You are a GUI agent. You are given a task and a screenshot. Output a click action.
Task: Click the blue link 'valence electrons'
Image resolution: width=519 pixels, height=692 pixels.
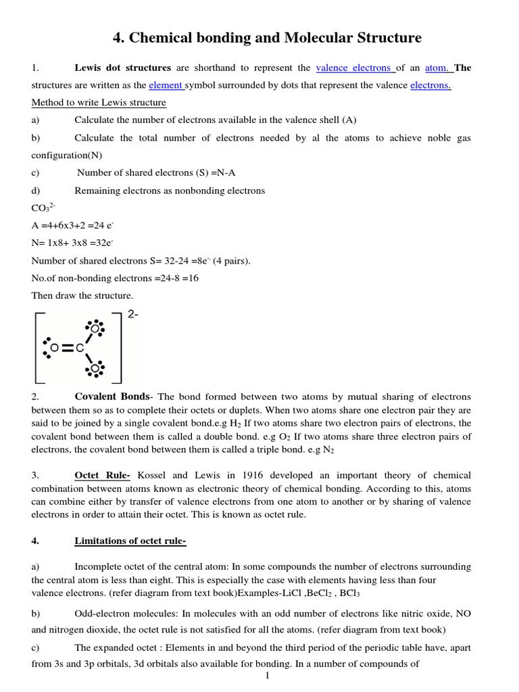353,68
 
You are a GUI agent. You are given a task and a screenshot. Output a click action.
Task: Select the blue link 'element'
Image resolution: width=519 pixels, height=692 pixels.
166,85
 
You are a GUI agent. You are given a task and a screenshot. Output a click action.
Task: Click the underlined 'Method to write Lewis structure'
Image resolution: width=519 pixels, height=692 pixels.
99,103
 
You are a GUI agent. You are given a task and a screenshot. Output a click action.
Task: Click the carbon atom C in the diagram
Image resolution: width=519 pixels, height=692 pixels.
80,348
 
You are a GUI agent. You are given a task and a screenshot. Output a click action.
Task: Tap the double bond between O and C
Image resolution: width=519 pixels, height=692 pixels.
66,348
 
